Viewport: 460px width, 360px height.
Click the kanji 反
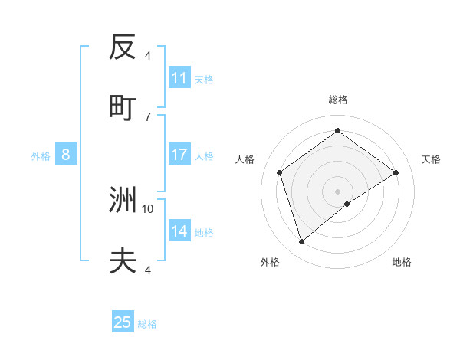pyautogui.click(x=123, y=47)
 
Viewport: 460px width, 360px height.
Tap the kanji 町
pyautogui.click(x=123, y=108)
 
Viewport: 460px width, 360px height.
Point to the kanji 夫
pyautogui.click(x=123, y=261)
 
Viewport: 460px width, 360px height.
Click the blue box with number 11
pyautogui.click(x=179, y=78)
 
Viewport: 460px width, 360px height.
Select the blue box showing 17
pyautogui.click(x=179, y=155)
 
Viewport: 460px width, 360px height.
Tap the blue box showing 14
pyautogui.click(x=179, y=231)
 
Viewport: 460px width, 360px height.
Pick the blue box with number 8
pyautogui.click(x=66, y=155)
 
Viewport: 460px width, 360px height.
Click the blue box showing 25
pyautogui.click(x=123, y=322)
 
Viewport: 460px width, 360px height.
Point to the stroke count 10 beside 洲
pyautogui.click(x=148, y=208)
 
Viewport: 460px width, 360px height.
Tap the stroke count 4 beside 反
pyautogui.click(x=148, y=55)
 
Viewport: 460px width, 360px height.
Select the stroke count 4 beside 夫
pyautogui.click(x=148, y=270)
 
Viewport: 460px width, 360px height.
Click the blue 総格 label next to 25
pyautogui.click(x=147, y=324)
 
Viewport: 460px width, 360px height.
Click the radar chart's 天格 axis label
pyautogui.click(x=432, y=159)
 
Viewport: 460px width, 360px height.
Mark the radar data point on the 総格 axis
pyautogui.click(x=337, y=131)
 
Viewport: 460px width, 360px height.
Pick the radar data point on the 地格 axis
pyautogui.click(x=347, y=204)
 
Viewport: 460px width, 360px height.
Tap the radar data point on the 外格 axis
pyautogui.click(x=301, y=242)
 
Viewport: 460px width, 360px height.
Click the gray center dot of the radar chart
pyautogui.click(x=337, y=191)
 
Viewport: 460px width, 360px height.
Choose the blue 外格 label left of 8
pyautogui.click(x=41, y=156)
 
